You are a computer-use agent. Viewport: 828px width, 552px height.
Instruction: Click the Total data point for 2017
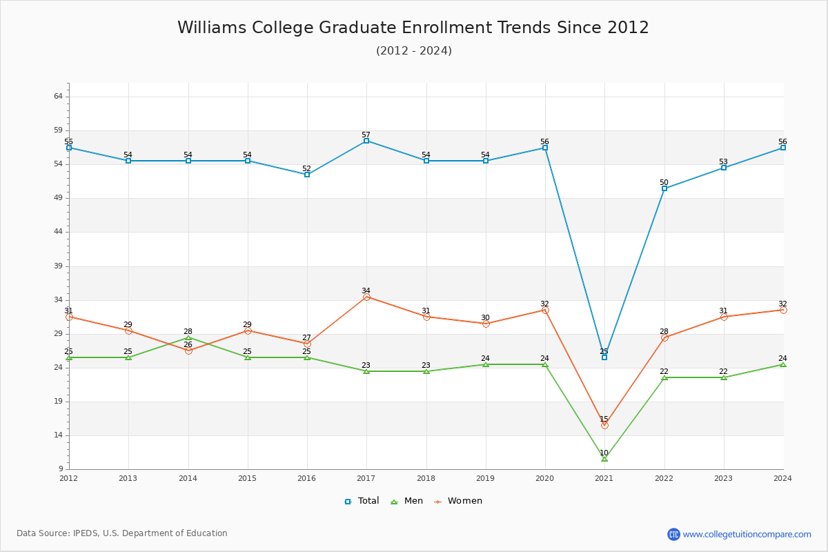[366, 141]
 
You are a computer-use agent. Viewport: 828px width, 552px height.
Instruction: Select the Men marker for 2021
[604, 459]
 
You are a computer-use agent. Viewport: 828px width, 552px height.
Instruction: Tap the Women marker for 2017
[366, 297]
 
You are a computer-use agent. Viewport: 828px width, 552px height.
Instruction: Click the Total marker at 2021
[604, 357]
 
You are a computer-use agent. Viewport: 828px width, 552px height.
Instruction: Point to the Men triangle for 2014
[188, 337]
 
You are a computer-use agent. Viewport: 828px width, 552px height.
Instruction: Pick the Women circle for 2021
[604, 425]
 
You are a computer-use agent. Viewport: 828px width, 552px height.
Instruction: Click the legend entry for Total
[362, 501]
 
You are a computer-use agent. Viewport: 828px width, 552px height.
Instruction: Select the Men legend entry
[407, 501]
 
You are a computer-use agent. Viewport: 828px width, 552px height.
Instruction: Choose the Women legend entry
[457, 501]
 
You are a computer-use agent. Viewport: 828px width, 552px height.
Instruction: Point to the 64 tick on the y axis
[58, 97]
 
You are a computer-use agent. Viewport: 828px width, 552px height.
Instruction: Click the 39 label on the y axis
[58, 266]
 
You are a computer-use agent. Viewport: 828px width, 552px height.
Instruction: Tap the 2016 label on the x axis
[307, 477]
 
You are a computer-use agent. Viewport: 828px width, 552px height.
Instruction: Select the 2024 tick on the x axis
[782, 477]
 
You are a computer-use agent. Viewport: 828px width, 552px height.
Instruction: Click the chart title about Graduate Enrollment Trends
[413, 28]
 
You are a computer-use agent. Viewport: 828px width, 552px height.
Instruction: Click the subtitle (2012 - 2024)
[413, 51]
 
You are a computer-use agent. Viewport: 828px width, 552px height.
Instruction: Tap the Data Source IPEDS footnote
[122, 533]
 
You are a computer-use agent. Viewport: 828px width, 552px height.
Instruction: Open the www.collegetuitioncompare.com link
[747, 534]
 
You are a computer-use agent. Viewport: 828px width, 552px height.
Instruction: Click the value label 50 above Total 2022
[664, 183]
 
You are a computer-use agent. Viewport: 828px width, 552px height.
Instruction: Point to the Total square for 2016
[307, 175]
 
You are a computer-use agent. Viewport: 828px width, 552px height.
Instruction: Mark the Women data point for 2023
[724, 317]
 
